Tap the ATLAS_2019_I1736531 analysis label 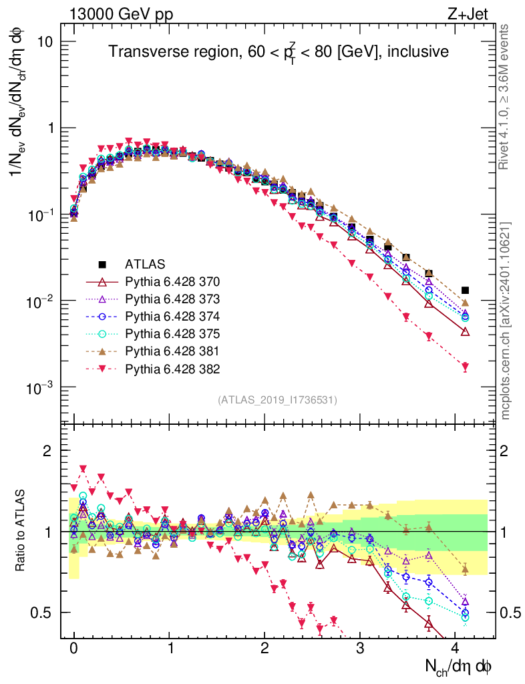tap(277, 400)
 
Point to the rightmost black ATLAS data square tap(466, 290)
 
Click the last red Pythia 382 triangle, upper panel tap(466, 367)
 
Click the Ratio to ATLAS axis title tap(21, 530)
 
